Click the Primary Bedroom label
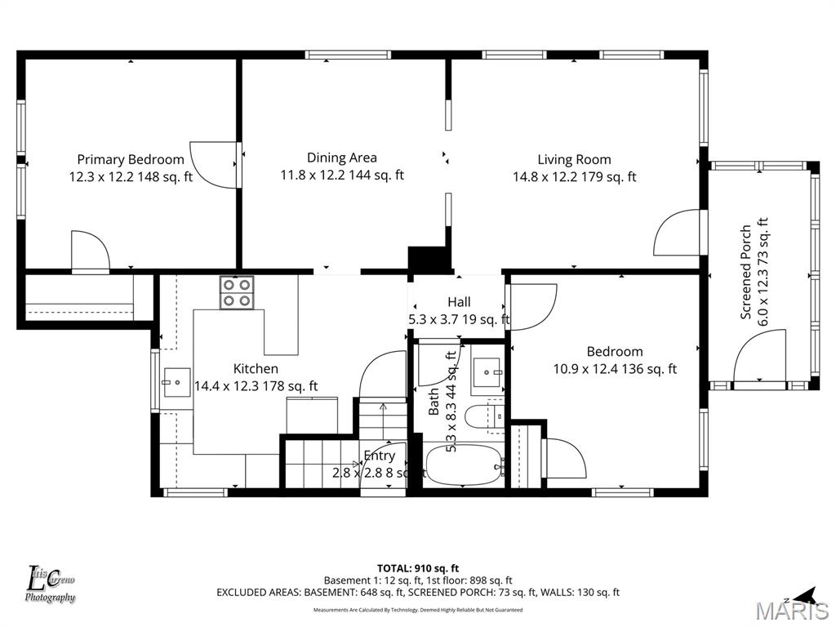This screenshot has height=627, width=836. pos(131,159)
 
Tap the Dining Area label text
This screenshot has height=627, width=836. pos(342,158)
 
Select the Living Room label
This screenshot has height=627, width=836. pos(574,159)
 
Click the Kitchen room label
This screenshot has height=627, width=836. pos(256,369)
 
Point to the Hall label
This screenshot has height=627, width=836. pos(459,303)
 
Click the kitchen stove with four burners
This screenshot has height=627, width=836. pos(237,292)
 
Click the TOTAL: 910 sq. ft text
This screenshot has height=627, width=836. pos(418,568)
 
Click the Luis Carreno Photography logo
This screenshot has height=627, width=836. pos(51,585)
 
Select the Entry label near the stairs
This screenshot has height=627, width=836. pos(380,456)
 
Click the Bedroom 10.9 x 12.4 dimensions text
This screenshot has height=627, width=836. pos(615,368)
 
